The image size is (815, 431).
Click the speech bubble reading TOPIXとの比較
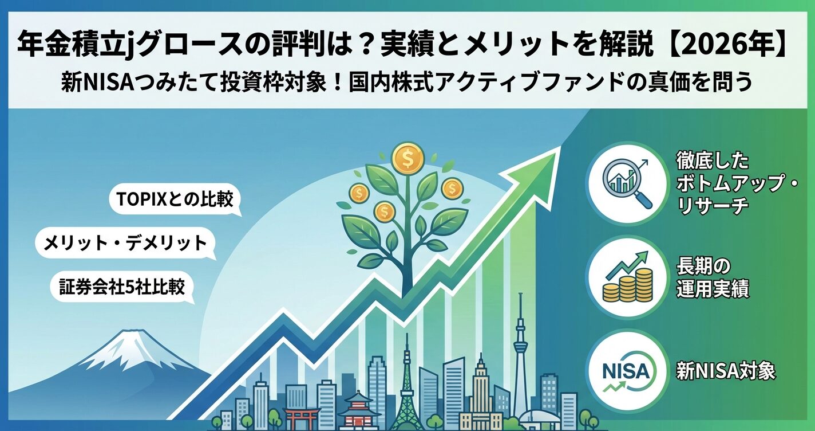175,201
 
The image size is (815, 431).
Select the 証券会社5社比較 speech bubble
122,287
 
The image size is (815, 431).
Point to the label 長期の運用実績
712,277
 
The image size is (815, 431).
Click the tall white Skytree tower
520,355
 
